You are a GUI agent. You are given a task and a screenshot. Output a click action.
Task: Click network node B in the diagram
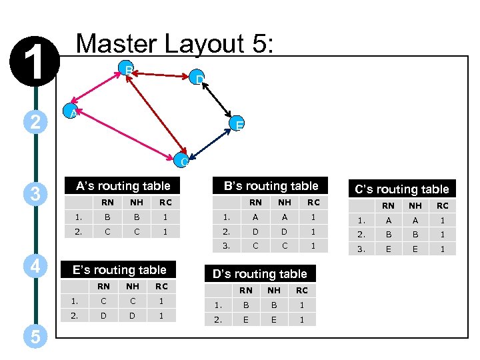point(127,69)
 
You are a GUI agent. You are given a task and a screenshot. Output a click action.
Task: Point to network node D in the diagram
point(198,79)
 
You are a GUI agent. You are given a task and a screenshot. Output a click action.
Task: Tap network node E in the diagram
point(237,124)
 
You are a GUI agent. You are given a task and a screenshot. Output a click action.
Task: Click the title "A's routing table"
point(123,186)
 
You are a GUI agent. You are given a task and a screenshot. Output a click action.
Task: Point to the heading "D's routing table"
point(259,273)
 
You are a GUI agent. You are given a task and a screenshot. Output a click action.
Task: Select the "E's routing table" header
point(119,269)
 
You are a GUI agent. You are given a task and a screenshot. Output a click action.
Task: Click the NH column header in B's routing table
point(285,202)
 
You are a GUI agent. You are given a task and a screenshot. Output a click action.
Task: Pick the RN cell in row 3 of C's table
point(388,249)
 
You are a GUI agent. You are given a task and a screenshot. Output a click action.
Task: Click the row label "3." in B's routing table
point(226,246)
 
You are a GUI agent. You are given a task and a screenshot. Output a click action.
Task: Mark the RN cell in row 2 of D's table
point(245,319)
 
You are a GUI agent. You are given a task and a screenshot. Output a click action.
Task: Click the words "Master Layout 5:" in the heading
point(175,44)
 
